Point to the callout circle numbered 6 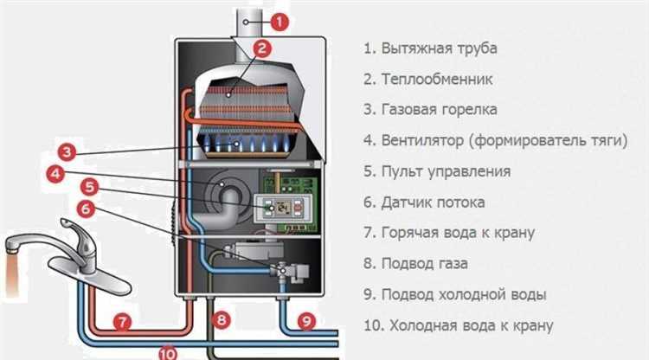coord(85,208)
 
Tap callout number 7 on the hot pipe coord(123,323)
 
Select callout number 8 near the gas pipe coord(222,320)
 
